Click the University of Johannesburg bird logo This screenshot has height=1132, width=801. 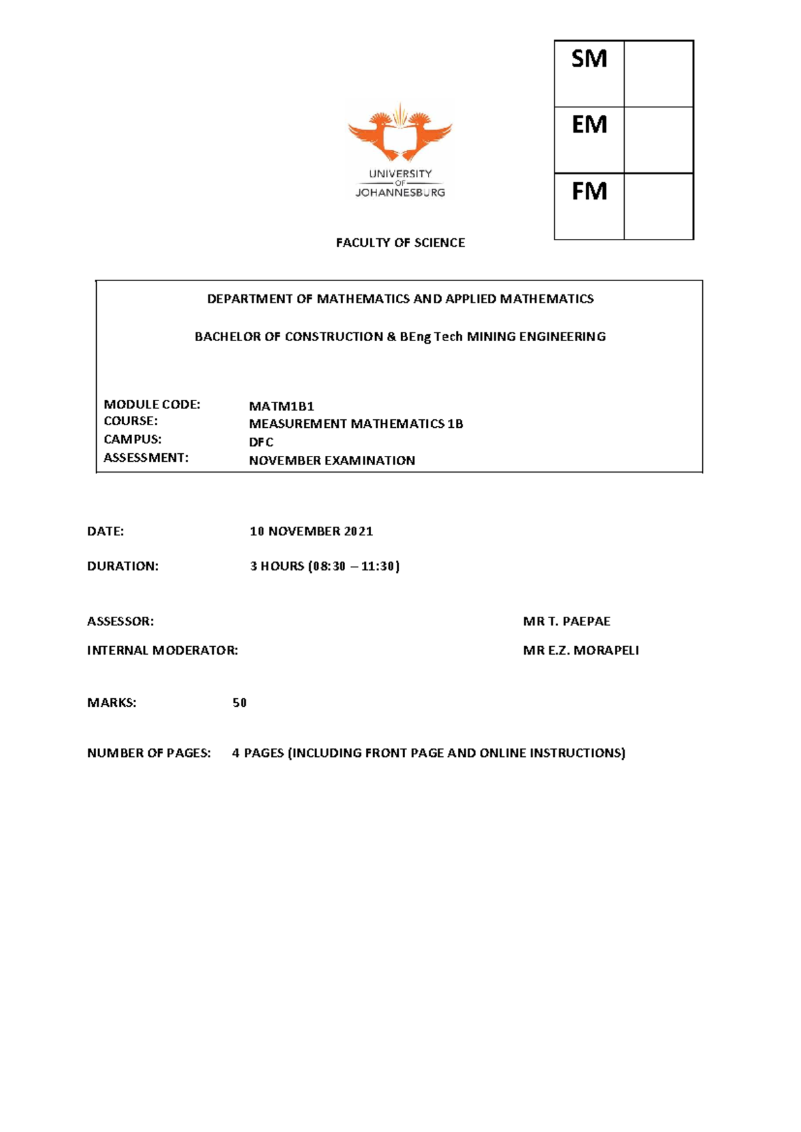pyautogui.click(x=400, y=133)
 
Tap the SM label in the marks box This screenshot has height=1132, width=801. pyautogui.click(x=589, y=59)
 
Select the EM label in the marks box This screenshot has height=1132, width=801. pyautogui.click(x=589, y=125)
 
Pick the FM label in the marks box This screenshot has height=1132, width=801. pyautogui.click(x=589, y=192)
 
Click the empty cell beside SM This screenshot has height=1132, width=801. pyautogui.click(x=658, y=73)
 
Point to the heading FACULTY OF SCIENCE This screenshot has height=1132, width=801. pyautogui.click(x=400, y=243)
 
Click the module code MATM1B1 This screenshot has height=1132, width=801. pyautogui.click(x=281, y=406)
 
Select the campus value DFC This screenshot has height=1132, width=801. pyautogui.click(x=261, y=442)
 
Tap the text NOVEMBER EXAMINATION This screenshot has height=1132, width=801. pyautogui.click(x=332, y=461)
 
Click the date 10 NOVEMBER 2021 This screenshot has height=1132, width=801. pyautogui.click(x=311, y=531)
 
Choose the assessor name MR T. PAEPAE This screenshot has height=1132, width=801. pyautogui.click(x=567, y=621)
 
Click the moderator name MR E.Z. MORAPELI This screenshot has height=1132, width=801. pyautogui.click(x=581, y=650)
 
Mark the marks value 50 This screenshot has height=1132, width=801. pyautogui.click(x=240, y=703)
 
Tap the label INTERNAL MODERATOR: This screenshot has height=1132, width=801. pyautogui.click(x=162, y=650)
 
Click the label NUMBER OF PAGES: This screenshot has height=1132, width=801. pyautogui.click(x=149, y=753)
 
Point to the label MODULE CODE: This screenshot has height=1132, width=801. pyautogui.click(x=152, y=404)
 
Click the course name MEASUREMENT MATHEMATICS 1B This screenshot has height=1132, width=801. pyautogui.click(x=356, y=424)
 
